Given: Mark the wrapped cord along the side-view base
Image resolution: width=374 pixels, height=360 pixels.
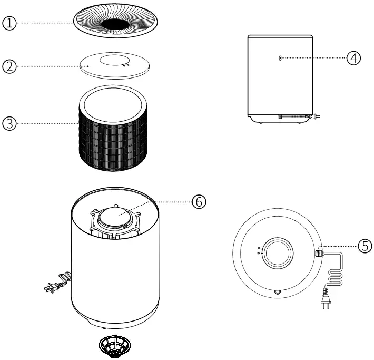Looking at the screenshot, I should tap(299, 116).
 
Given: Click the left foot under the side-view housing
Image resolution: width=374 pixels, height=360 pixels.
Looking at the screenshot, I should tap(259, 123).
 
